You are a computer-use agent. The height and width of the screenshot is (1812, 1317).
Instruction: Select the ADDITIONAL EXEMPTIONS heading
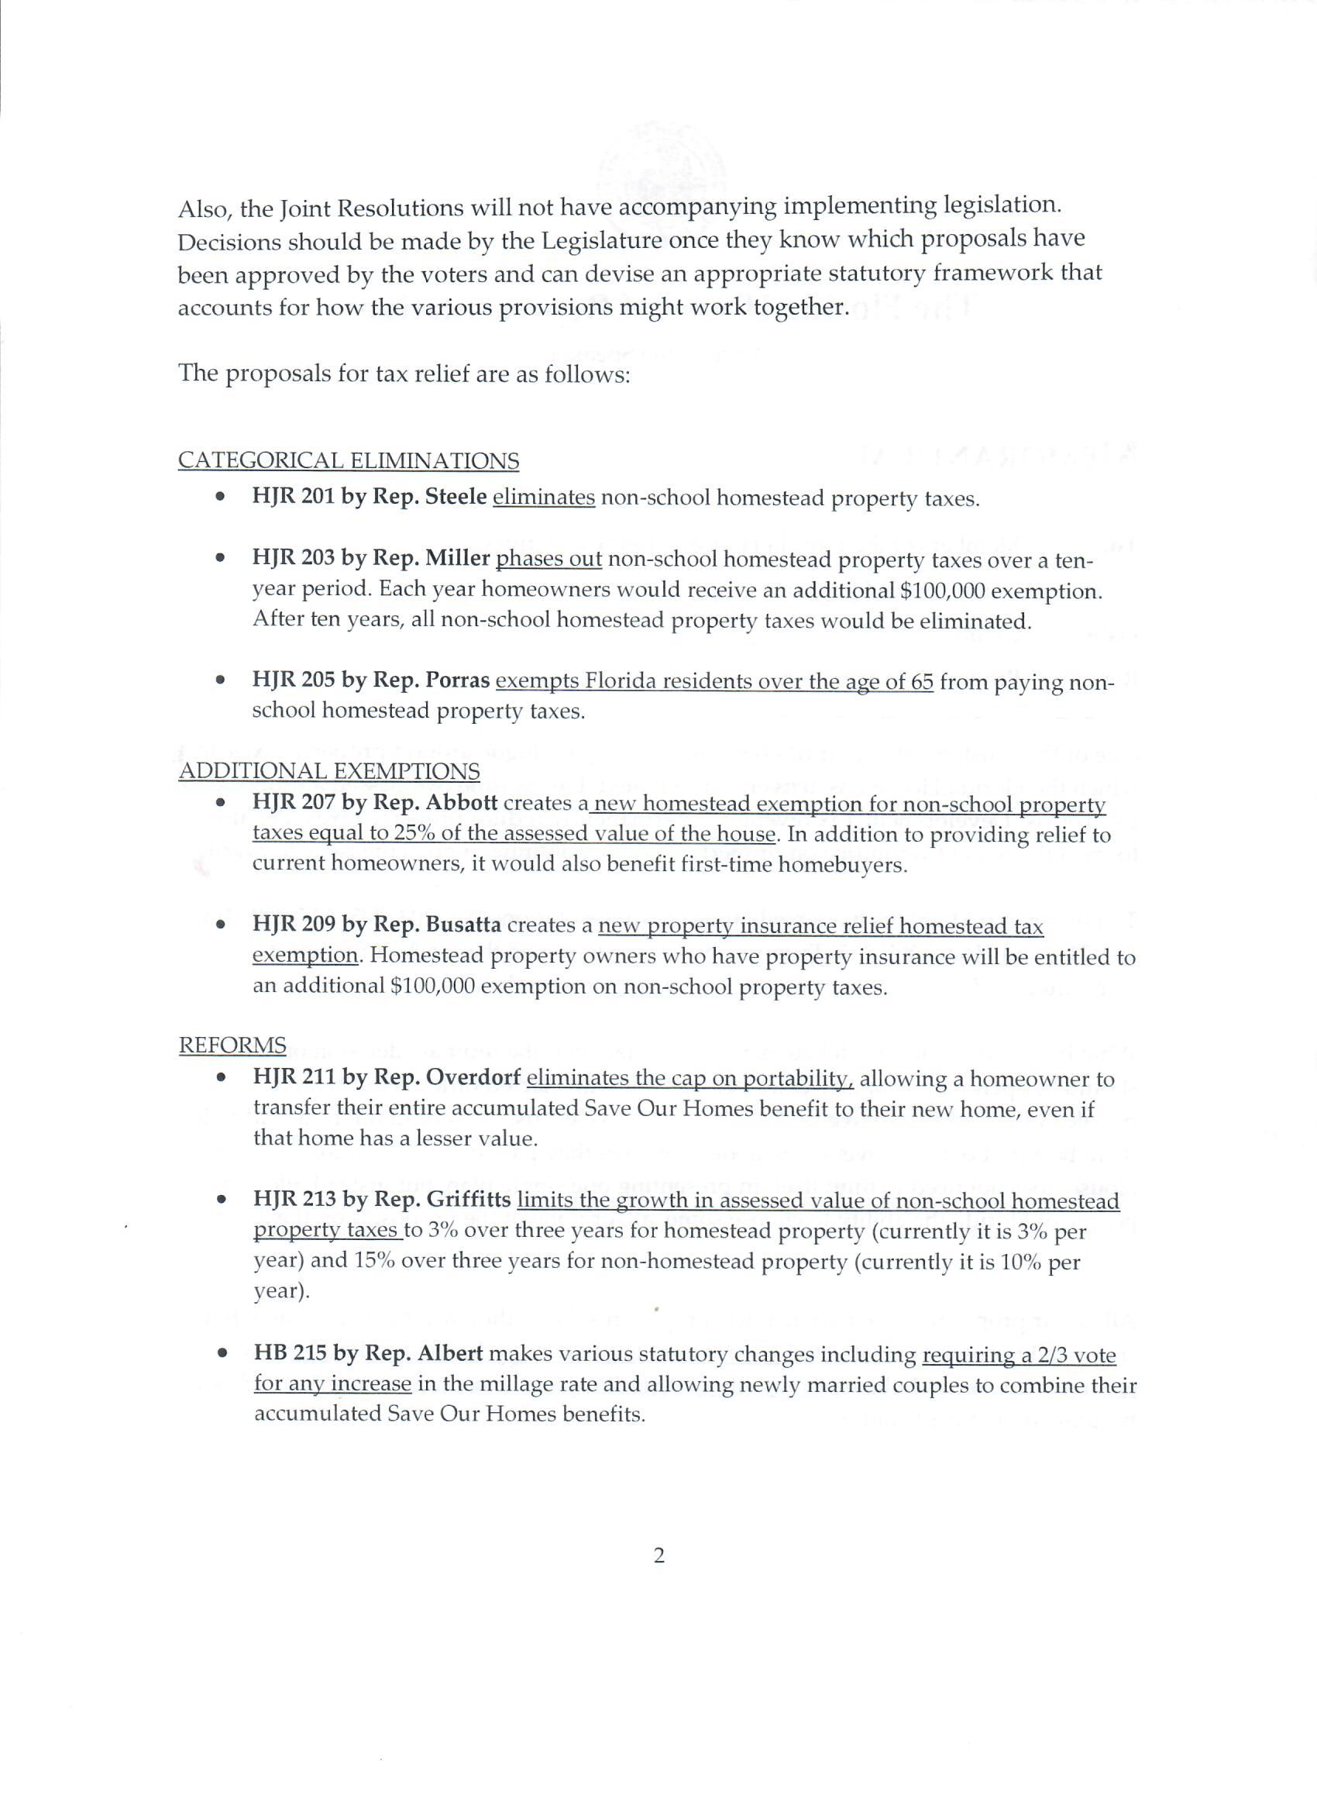tap(329, 771)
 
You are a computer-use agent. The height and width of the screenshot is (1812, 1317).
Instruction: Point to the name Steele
tap(456, 497)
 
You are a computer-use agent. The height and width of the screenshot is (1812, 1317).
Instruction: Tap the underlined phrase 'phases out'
tap(548, 559)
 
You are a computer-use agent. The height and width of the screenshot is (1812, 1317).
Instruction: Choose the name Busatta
tap(463, 925)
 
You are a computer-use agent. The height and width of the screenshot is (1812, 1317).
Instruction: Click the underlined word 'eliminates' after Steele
tap(544, 497)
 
